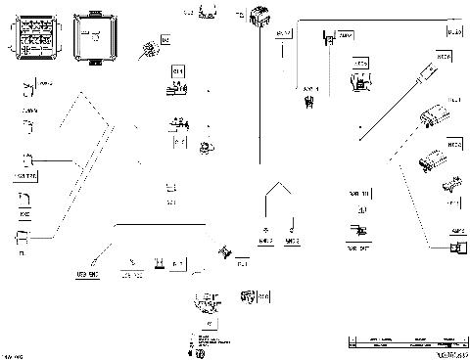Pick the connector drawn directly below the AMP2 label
[454, 247]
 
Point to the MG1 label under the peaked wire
[264, 239]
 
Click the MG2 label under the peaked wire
[292, 239]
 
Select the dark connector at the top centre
[259, 18]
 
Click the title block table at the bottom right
[405, 343]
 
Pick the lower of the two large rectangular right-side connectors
[429, 159]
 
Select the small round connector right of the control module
[146, 48]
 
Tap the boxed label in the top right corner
[454, 32]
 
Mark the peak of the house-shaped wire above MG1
[279, 182]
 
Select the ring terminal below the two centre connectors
[206, 149]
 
